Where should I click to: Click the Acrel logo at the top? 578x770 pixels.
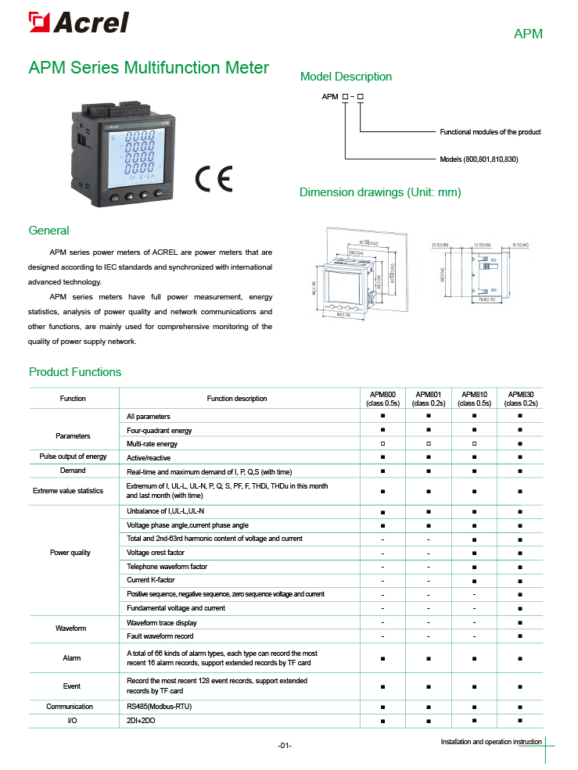point(77,23)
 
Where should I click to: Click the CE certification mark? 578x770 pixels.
point(214,179)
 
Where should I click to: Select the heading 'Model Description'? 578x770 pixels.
point(346,77)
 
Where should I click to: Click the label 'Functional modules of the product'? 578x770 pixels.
point(490,132)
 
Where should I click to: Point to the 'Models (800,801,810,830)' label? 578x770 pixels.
point(479,159)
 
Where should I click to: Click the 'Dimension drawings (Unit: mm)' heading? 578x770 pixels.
point(380,192)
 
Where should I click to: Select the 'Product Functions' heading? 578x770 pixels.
point(75,372)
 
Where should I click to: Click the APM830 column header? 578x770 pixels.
point(520,399)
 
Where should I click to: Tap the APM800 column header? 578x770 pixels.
point(383,399)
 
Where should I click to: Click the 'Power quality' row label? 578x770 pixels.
point(70,553)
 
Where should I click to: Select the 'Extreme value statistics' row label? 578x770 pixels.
point(68,491)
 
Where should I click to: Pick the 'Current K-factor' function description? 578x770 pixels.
point(151,580)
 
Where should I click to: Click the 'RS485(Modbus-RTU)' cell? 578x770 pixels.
point(160,706)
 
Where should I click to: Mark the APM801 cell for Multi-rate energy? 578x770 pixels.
point(429,444)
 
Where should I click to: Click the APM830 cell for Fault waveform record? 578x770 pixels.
point(520,636)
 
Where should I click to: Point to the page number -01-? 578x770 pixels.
point(285,745)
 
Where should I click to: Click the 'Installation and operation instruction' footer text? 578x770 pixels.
point(490,741)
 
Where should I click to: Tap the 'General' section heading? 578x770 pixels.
point(48,231)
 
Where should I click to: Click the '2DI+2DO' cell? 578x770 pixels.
point(142,719)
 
